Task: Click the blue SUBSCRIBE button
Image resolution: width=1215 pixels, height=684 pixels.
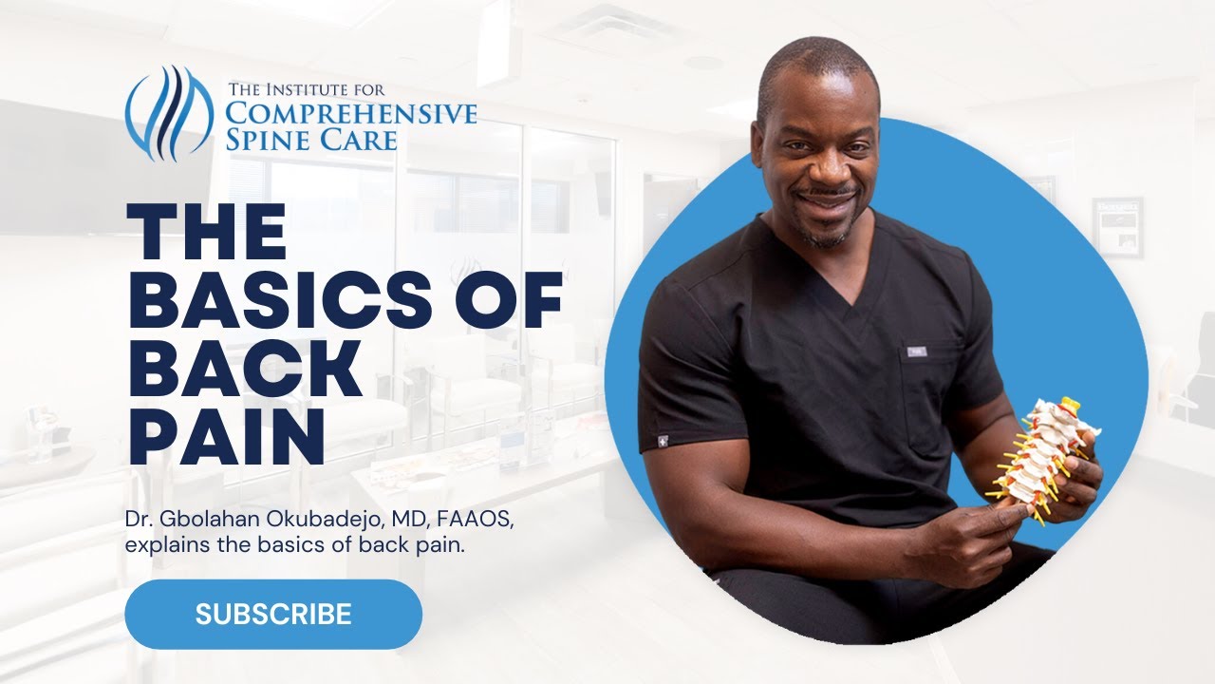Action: tap(273, 614)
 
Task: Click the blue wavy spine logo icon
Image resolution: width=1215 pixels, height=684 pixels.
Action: tap(170, 112)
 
